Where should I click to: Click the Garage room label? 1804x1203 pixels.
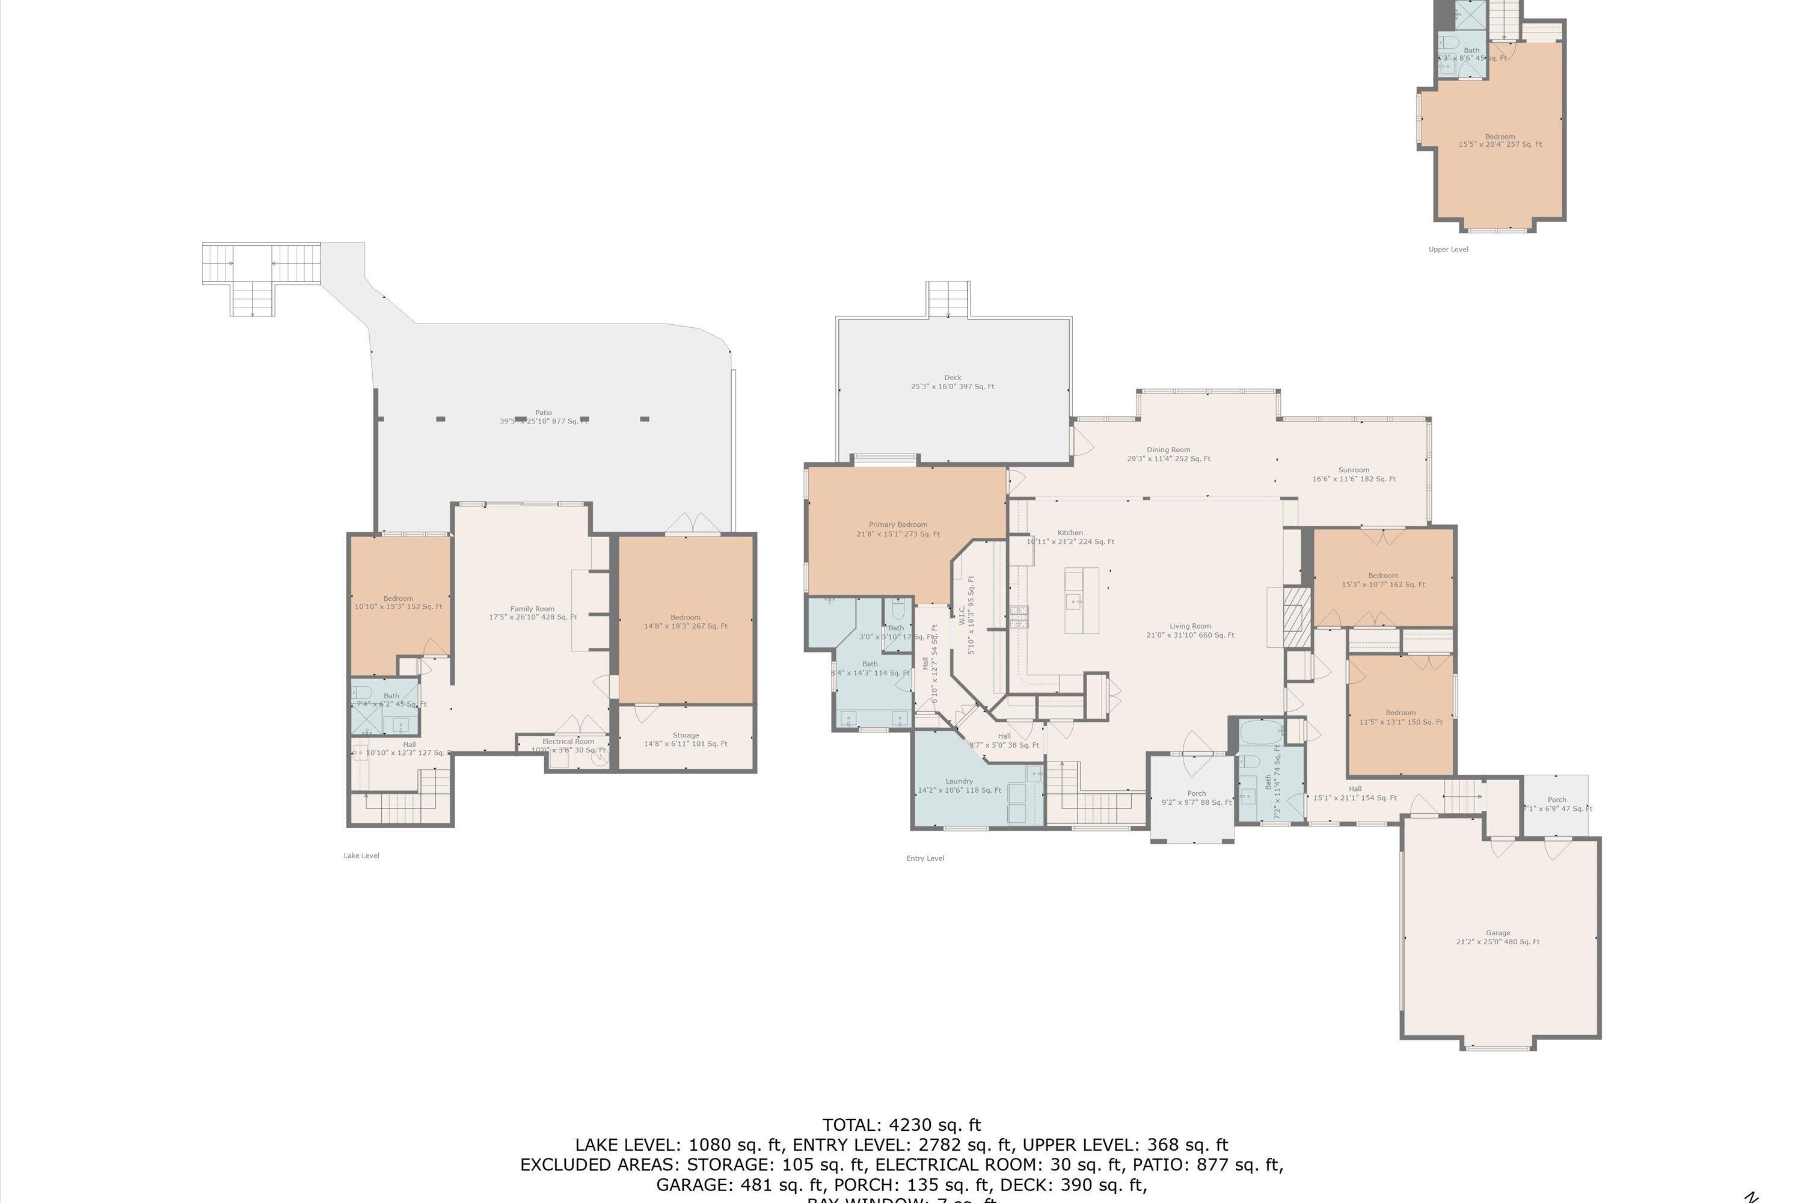click(1497, 937)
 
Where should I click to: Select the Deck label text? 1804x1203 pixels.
click(952, 382)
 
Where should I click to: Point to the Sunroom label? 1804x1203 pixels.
click(1353, 474)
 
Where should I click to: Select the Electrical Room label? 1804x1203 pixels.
click(568, 746)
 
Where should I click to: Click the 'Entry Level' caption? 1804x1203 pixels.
click(924, 858)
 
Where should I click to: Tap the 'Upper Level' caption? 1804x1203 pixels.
click(1447, 250)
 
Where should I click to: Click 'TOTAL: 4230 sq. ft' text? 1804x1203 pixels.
click(901, 1125)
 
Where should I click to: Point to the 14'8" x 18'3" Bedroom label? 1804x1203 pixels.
click(685, 621)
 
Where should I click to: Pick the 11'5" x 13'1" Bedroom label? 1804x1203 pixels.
click(1400, 716)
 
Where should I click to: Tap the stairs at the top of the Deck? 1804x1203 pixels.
click(948, 299)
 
